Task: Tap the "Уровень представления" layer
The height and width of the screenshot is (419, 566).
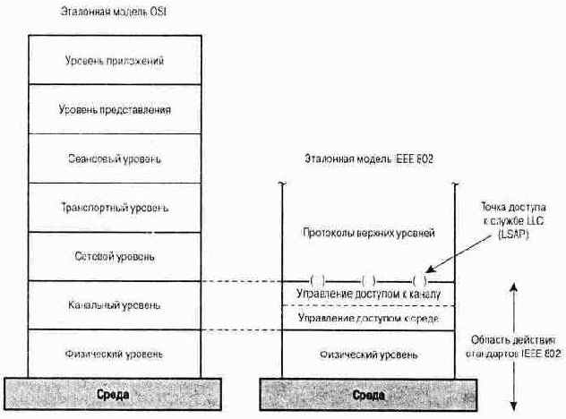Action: [116, 110]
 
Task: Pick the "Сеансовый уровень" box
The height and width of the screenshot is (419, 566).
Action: [116, 159]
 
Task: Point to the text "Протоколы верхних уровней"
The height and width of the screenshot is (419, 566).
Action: [368, 233]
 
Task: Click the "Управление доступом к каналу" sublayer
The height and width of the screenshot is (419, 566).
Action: [368, 294]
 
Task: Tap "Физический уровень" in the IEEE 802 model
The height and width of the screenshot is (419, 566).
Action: [368, 355]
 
